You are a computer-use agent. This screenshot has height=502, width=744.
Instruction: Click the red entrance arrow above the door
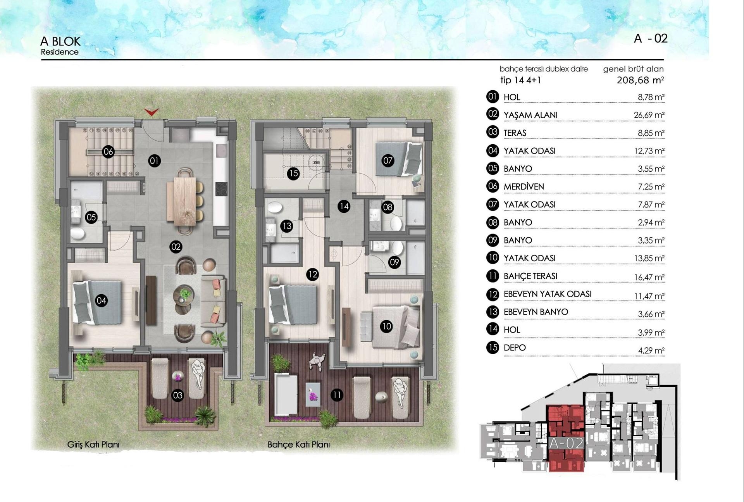[x=152, y=112]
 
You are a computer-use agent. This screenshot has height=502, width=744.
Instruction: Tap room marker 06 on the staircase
[x=108, y=152]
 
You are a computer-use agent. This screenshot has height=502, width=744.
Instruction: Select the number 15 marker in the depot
[x=293, y=173]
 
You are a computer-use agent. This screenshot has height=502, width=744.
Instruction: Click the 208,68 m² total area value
[x=640, y=80]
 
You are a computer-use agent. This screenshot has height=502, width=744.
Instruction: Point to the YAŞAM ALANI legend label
[x=530, y=115]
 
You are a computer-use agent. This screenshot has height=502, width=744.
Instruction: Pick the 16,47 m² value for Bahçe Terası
[x=649, y=277]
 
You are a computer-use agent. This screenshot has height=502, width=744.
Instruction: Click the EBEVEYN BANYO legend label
[x=536, y=312]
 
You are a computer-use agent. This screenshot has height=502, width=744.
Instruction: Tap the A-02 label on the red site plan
[x=566, y=443]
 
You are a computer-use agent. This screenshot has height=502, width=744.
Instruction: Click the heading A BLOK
[x=60, y=41]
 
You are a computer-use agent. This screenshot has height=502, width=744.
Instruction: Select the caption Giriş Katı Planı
[x=93, y=445]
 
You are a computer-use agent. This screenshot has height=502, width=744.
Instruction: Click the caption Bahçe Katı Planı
[x=298, y=445]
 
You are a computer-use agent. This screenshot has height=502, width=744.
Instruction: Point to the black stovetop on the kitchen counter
[x=221, y=189]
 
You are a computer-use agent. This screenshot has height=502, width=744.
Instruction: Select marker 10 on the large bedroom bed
[x=386, y=326]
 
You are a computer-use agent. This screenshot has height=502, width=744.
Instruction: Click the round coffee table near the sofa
[x=184, y=293]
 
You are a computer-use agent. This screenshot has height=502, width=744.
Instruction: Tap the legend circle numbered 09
[x=493, y=240]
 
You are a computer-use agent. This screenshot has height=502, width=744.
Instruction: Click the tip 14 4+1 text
[x=520, y=80]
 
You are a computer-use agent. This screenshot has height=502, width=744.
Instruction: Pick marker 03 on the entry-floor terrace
[x=177, y=395]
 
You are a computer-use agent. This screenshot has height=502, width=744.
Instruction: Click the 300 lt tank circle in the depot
[x=317, y=162]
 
